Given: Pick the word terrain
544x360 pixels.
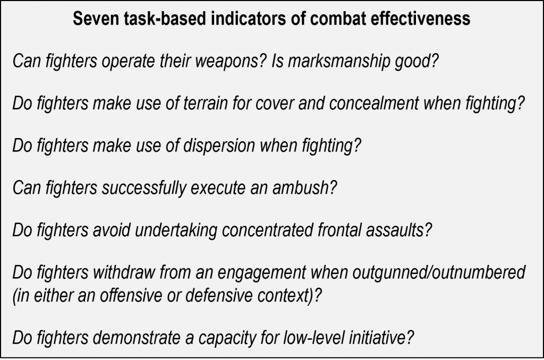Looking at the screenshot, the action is tap(206, 104).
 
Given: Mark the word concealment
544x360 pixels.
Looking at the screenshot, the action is tap(374, 104).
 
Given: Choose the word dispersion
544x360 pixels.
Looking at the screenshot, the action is tap(219, 145).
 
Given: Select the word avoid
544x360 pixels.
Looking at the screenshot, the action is tap(112, 230).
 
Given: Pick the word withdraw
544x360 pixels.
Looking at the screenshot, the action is tap(123, 272).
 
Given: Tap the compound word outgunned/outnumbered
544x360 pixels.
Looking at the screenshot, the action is tap(439, 272).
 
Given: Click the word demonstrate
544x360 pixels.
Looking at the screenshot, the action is tap(137, 338).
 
